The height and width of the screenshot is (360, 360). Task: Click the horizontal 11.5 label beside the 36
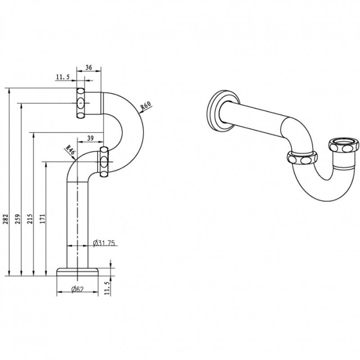tap(63, 77)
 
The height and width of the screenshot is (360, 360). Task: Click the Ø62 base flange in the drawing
tap(77, 272)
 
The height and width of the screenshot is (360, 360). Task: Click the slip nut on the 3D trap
tap(301, 158)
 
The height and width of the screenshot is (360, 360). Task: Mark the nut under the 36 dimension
tap(81, 103)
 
